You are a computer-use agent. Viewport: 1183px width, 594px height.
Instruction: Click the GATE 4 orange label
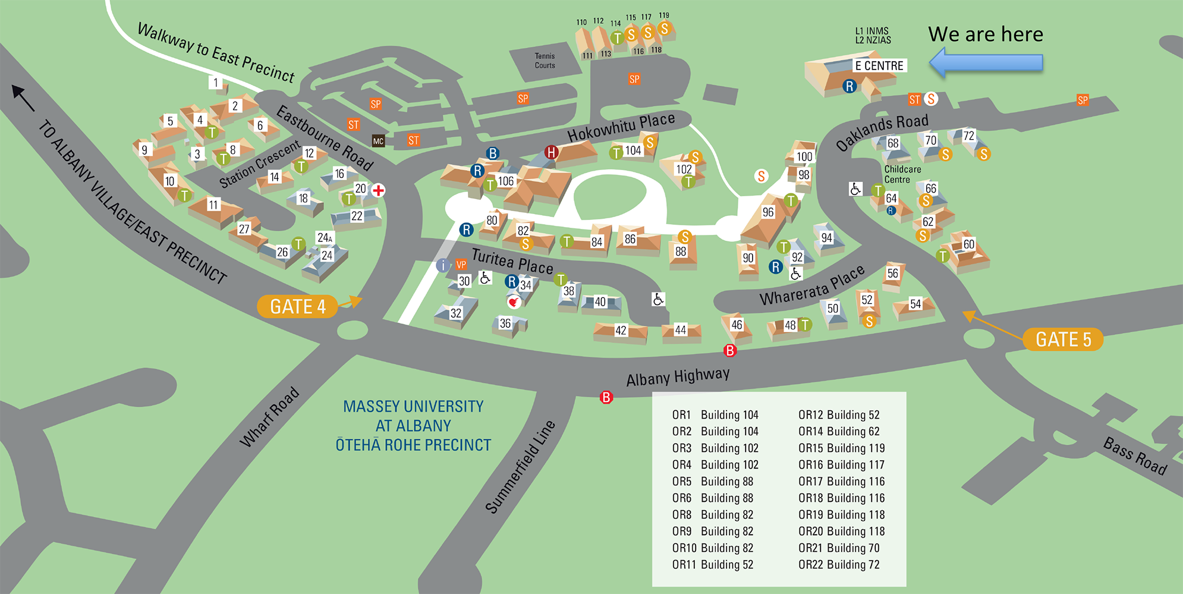297,306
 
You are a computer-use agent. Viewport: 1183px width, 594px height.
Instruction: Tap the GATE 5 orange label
1063,339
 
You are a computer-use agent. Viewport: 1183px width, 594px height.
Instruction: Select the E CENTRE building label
879,65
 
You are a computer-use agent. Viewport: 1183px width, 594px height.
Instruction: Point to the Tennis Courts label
545,61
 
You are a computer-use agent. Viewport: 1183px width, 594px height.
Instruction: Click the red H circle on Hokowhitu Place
552,153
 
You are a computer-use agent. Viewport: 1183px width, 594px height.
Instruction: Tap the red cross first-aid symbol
378,190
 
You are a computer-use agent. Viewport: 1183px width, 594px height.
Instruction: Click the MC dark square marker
378,141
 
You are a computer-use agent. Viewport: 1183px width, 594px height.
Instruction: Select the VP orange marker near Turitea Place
461,265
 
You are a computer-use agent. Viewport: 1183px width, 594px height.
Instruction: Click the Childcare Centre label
902,174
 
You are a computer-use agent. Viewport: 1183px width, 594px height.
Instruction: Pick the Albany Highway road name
678,376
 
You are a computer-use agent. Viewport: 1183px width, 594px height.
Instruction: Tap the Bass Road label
1135,455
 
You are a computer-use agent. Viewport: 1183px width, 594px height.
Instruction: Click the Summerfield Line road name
520,467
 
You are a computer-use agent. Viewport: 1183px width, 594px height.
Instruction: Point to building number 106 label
505,181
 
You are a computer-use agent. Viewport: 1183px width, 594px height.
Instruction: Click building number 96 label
768,212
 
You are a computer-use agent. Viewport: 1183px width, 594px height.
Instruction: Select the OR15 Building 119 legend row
841,448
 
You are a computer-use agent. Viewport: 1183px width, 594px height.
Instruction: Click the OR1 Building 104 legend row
715,414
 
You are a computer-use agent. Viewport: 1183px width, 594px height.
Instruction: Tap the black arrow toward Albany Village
23,98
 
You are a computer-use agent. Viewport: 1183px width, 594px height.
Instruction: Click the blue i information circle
443,265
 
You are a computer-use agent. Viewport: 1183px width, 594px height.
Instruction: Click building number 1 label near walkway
216,83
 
